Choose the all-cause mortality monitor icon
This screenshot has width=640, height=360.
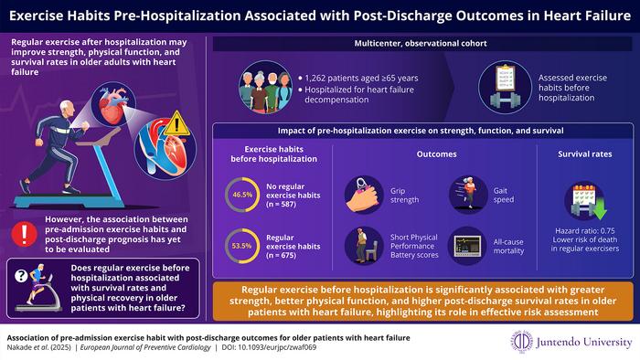tap(465, 245)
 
